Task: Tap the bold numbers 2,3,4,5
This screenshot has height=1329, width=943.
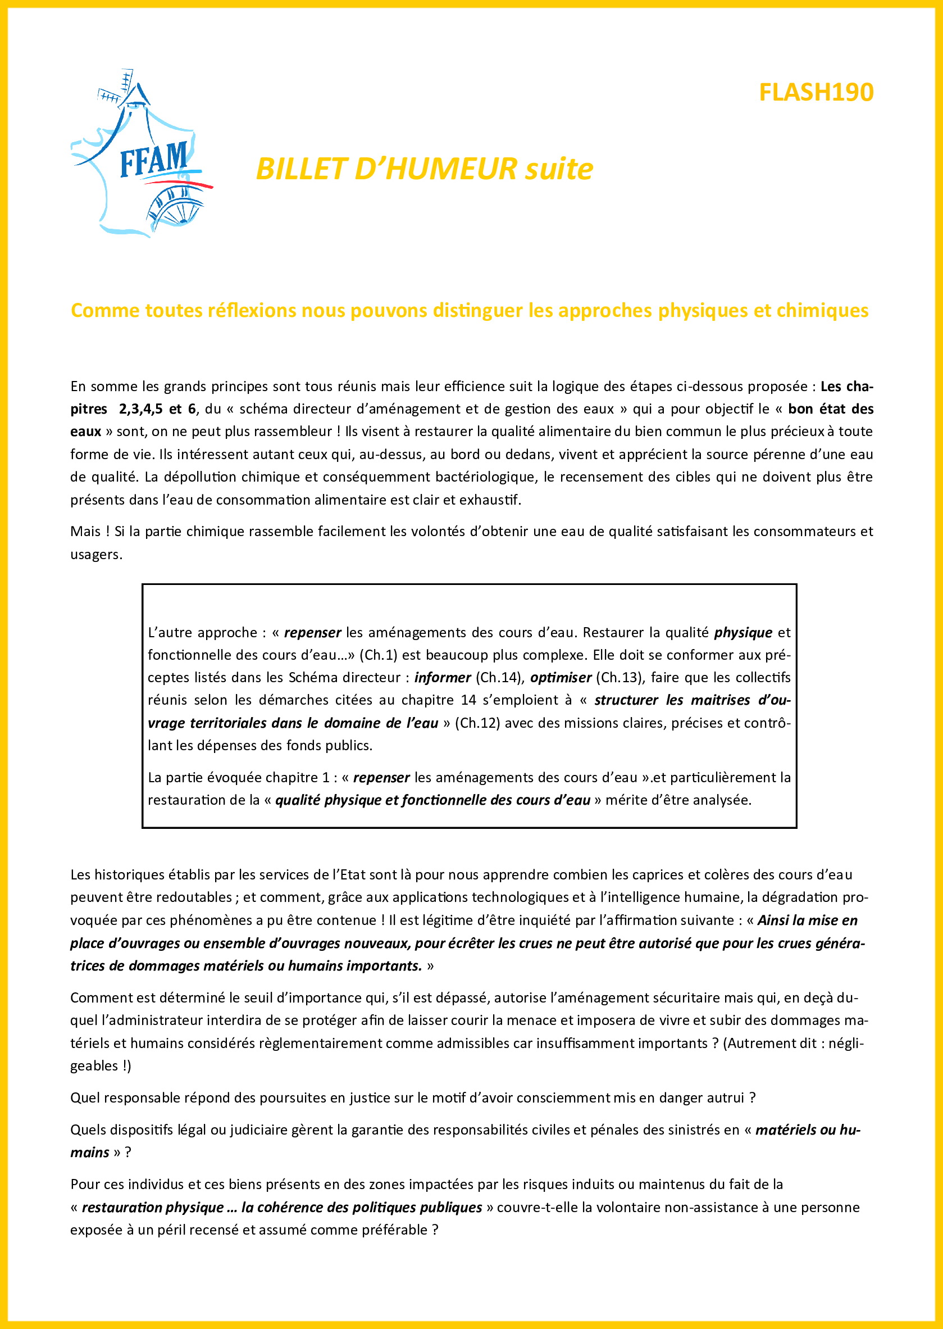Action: point(140,409)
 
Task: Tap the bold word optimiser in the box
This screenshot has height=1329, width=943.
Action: point(561,677)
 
